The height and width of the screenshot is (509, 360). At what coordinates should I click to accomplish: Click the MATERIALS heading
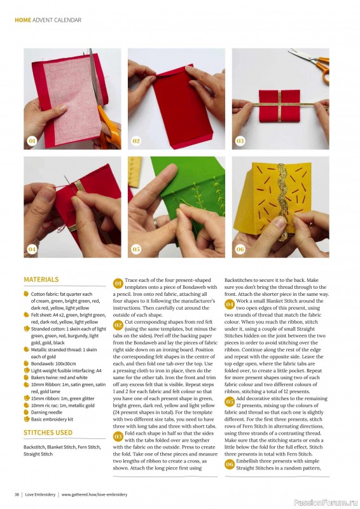tap(41, 279)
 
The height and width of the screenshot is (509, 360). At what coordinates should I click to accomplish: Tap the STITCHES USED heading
tap(48, 433)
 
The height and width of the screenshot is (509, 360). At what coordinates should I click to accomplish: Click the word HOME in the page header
tap(23, 20)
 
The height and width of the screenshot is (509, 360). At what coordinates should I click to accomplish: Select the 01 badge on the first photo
tap(32, 141)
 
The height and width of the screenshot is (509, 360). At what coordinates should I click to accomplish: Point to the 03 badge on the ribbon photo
tap(240, 141)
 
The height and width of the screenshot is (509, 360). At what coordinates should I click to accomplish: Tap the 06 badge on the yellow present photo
tap(240, 249)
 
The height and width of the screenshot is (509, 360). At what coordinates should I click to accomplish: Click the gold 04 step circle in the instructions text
tap(230, 304)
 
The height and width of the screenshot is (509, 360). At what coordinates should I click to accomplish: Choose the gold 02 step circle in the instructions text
tap(118, 325)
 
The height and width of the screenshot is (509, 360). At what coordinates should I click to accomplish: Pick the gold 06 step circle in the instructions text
tap(230, 464)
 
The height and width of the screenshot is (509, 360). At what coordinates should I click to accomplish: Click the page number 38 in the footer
tap(17, 495)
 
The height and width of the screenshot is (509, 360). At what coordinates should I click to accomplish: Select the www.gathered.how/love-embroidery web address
tap(95, 495)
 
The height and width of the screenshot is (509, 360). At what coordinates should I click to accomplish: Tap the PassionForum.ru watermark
tap(326, 503)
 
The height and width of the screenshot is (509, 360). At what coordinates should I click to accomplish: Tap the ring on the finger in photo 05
tap(156, 223)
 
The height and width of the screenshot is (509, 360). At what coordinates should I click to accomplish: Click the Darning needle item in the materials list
tap(46, 412)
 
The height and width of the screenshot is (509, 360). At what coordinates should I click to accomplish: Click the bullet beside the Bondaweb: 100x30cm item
tap(26, 363)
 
